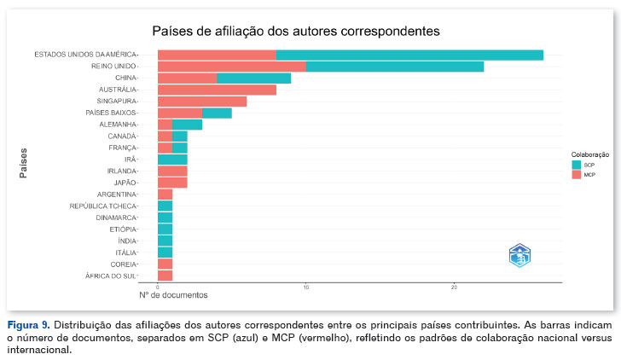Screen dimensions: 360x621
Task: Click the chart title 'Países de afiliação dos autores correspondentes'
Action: click(295, 32)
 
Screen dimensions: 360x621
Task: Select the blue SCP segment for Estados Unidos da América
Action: click(409, 55)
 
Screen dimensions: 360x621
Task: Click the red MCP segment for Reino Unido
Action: click(231, 67)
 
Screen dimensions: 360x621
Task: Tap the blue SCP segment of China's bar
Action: click(254, 78)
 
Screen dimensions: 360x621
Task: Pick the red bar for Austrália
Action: click(217, 90)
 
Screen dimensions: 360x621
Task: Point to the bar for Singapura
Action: click(202, 102)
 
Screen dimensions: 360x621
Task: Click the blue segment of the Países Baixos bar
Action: click(217, 113)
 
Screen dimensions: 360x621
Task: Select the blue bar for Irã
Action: click(172, 160)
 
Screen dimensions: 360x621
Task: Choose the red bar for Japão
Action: click(172, 183)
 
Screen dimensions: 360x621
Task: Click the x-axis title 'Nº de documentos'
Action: click(173, 295)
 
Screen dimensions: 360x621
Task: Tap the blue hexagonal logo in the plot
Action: click(519, 255)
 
